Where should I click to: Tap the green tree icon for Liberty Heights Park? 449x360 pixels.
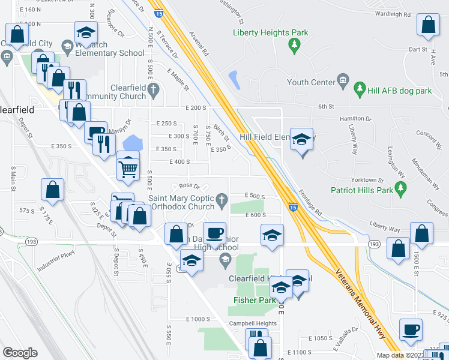pyautogui.click(x=294, y=44)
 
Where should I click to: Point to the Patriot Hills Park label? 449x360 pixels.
pyautogui.click(x=362, y=190)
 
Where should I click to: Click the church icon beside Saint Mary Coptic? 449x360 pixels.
pyautogui.click(x=222, y=199)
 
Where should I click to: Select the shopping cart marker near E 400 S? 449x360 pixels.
pyautogui.click(x=128, y=169)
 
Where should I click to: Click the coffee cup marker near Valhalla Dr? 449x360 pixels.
pyautogui.click(x=411, y=329)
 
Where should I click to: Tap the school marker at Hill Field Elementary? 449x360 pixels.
pyautogui.click(x=301, y=140)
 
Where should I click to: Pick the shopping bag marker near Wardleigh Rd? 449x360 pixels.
pyautogui.click(x=428, y=26)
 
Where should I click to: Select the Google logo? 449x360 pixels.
pyautogui.click(x=20, y=353)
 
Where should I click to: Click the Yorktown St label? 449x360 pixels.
pyautogui.click(x=368, y=180)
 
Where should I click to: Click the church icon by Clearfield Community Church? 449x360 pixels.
pyautogui.click(x=154, y=91)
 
